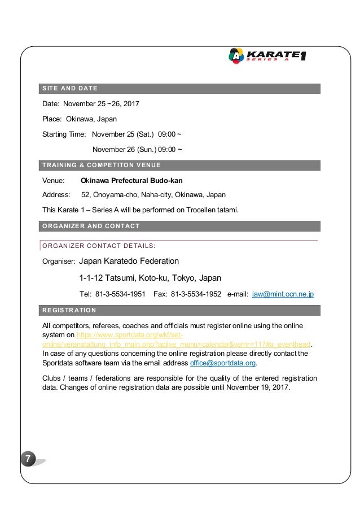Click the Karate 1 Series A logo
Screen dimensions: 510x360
[x=267, y=55]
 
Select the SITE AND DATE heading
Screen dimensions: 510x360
[x=70, y=88]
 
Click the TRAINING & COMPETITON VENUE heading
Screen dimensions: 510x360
[x=102, y=165]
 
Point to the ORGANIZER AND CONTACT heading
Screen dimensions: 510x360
[x=91, y=226]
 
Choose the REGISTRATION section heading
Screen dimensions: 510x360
[x=69, y=310]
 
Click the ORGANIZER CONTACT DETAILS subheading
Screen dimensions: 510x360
[x=99, y=246]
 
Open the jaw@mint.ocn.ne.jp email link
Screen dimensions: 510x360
[x=283, y=294]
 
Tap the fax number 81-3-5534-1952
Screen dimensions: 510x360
[x=195, y=294]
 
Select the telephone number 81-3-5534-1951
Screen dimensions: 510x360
[x=121, y=294]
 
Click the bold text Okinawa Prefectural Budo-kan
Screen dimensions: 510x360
[x=131, y=181]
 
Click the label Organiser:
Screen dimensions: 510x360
[x=59, y=262]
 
